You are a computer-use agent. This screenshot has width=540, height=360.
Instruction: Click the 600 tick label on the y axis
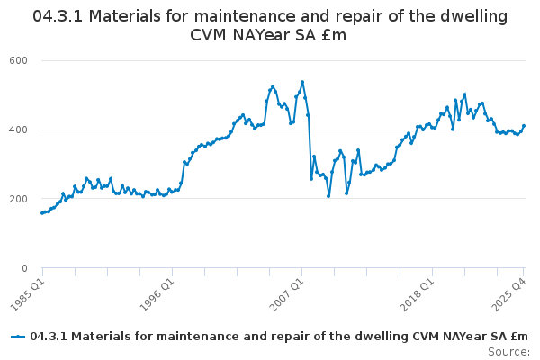[19, 60]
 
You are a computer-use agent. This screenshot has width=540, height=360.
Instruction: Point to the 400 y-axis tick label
[19, 130]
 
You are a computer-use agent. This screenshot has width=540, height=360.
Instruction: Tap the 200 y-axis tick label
[19, 199]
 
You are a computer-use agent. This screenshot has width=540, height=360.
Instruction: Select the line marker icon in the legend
[18, 336]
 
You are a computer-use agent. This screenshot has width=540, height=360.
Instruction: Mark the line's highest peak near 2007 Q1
[302, 82]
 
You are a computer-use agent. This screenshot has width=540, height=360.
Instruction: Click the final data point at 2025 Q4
[524, 126]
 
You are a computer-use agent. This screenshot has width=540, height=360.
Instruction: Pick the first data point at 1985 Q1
[42, 213]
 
